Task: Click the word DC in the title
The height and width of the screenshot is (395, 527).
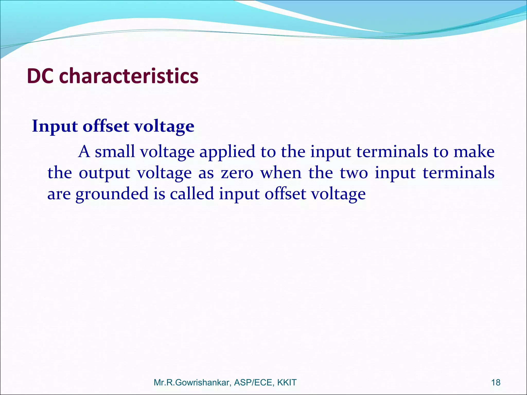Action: click(40, 76)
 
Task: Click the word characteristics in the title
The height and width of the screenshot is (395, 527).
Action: click(129, 76)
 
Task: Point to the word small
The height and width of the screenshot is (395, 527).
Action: click(115, 152)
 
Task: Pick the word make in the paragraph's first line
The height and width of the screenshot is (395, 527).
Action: click(474, 152)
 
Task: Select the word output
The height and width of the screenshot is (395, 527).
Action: click(104, 173)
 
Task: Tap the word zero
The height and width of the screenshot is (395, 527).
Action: click(237, 173)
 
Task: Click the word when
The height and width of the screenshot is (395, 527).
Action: click(281, 173)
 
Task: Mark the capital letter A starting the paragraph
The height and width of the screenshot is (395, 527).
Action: click(84, 152)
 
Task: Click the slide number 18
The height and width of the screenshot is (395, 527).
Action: click(496, 382)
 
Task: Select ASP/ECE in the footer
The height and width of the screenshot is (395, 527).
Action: click(254, 383)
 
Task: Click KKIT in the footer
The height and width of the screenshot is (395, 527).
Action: click(287, 383)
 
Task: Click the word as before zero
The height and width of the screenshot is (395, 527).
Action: click(206, 173)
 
